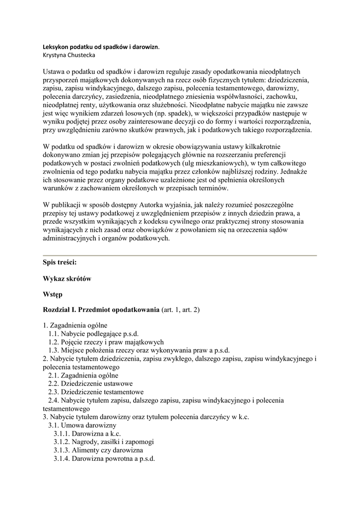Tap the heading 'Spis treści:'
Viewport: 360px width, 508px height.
[60, 263]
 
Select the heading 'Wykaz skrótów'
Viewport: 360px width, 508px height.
[67, 279]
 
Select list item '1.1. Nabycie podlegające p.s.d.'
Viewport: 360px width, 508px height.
[93, 334]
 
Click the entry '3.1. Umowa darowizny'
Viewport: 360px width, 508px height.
[82, 425]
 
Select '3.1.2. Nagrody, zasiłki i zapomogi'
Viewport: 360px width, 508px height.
[104, 442]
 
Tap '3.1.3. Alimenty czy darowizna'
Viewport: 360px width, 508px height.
[98, 450]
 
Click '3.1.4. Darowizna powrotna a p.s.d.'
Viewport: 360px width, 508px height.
[104, 459]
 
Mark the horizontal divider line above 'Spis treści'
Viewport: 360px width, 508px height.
[180, 255]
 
